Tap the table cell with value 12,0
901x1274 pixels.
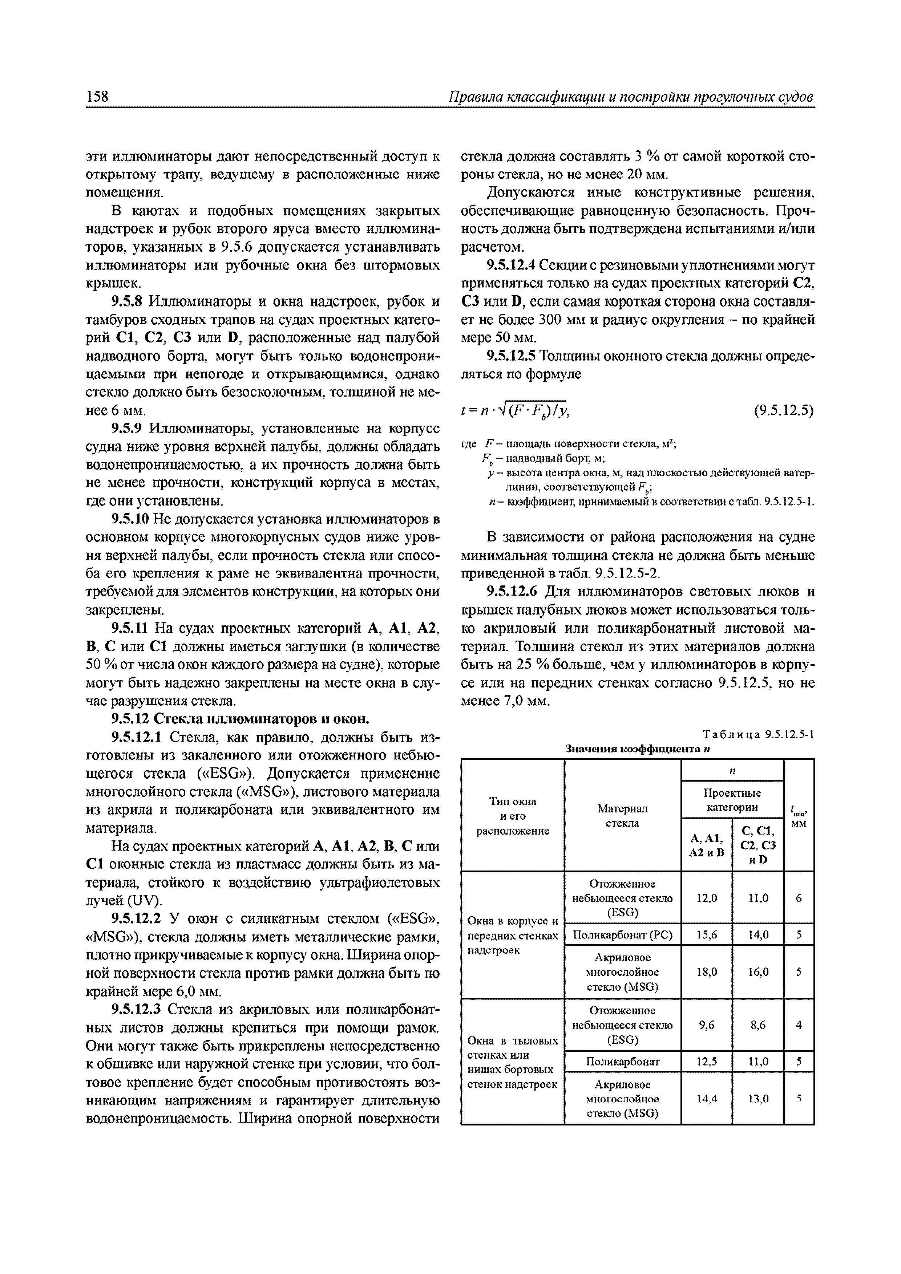click(706, 897)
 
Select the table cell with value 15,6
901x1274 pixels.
click(706, 935)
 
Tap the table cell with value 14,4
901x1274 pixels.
click(706, 1098)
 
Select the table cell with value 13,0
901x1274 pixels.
click(758, 1098)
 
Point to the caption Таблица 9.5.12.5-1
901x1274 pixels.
click(758, 734)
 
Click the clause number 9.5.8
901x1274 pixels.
click(127, 302)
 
